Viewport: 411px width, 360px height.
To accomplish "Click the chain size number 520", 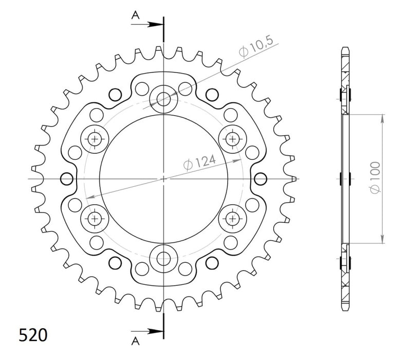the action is point(33,335).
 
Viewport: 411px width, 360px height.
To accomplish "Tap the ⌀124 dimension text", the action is point(200,162).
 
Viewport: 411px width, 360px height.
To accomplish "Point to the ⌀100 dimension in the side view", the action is point(375,177).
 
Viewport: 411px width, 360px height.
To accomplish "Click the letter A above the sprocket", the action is point(135,15).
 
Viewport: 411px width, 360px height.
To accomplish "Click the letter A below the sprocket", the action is point(135,341).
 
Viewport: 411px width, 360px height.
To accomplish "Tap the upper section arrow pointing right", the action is point(147,24).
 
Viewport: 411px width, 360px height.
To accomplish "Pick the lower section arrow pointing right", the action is point(147,331).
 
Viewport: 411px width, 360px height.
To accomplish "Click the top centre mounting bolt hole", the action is point(163,99).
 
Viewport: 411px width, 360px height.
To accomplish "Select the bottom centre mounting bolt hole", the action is point(163,259).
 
